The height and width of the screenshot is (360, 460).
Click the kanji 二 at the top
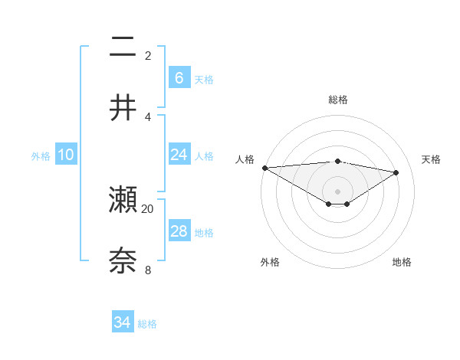pyautogui.click(x=123, y=47)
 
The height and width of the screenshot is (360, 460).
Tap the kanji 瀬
pyautogui.click(x=123, y=200)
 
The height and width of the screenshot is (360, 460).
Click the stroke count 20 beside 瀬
pyautogui.click(x=148, y=208)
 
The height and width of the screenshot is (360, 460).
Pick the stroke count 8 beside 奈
pyautogui.click(x=148, y=269)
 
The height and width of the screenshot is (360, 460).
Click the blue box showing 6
pyautogui.click(x=179, y=77)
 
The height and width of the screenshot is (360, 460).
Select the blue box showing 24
pyautogui.click(x=179, y=155)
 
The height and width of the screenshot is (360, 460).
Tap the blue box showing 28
pyautogui.click(x=179, y=231)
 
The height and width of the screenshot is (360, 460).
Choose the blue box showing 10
pyautogui.click(x=66, y=155)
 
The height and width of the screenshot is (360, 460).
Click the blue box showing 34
pyautogui.click(x=122, y=322)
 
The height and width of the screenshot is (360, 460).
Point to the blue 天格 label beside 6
pyautogui.click(x=204, y=79)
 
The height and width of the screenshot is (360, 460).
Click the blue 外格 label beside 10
pyautogui.click(x=41, y=155)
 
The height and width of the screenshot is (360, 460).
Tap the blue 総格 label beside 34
pyautogui.click(x=147, y=324)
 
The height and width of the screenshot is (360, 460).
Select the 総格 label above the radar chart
pyautogui.click(x=338, y=100)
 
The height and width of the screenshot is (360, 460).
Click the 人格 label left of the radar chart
pyautogui.click(x=245, y=159)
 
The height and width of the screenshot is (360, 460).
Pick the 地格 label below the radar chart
pyautogui.click(x=402, y=262)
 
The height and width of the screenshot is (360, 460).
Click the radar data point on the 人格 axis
pyautogui.click(x=264, y=168)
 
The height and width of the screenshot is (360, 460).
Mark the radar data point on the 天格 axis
pyautogui.click(x=396, y=172)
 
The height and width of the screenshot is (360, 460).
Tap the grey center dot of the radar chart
pyautogui.click(x=338, y=191)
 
